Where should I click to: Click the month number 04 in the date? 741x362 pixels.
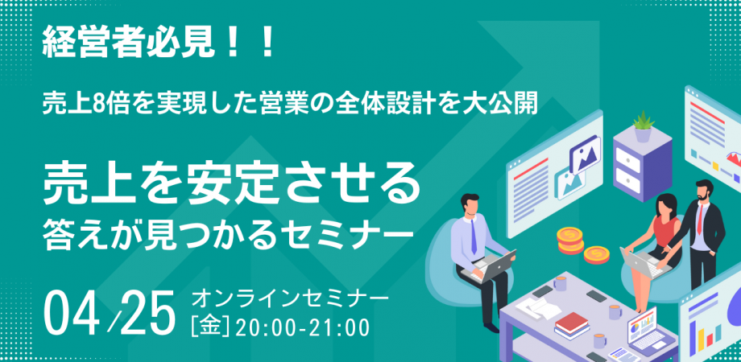coord(78,313)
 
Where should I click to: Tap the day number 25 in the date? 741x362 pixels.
coord(147,313)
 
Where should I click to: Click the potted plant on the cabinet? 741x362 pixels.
coord(642,125)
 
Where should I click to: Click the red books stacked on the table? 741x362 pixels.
coord(573,323)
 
